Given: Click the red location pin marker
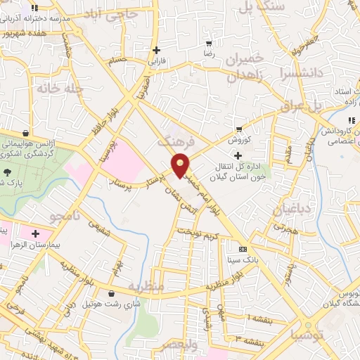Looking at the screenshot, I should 181,165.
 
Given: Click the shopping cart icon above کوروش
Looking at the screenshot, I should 239,129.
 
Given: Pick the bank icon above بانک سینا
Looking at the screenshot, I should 243,249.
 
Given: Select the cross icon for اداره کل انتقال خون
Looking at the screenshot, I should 239,155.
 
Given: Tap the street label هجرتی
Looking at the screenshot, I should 286,228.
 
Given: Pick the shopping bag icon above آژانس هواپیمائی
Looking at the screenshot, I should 26,133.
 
